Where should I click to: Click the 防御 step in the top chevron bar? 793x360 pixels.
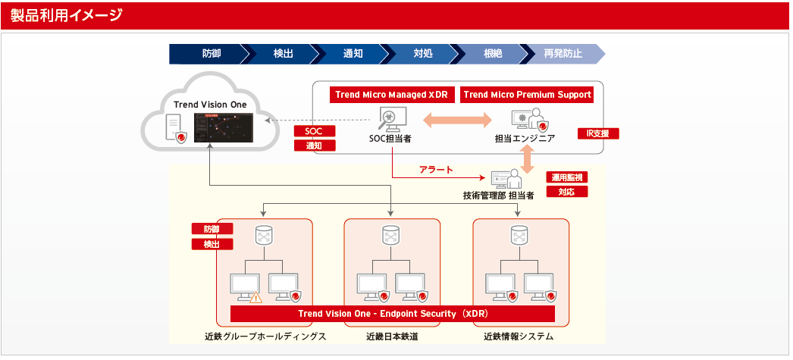[x=212, y=54]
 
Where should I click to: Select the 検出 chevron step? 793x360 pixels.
[x=283, y=54]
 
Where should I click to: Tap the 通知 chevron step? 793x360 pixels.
[x=353, y=54]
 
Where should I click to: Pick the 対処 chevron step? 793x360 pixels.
[x=423, y=54]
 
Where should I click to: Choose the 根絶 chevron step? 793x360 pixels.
[x=493, y=54]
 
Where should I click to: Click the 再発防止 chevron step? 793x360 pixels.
[x=563, y=54]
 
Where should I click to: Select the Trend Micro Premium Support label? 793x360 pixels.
[x=527, y=95]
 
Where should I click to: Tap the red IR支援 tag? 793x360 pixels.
[x=598, y=133]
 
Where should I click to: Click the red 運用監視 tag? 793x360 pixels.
[x=567, y=177]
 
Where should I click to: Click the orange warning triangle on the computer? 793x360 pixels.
[x=256, y=298]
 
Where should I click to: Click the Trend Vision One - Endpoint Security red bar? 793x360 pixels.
[x=393, y=314]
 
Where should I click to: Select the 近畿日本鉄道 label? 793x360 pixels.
[x=392, y=336]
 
